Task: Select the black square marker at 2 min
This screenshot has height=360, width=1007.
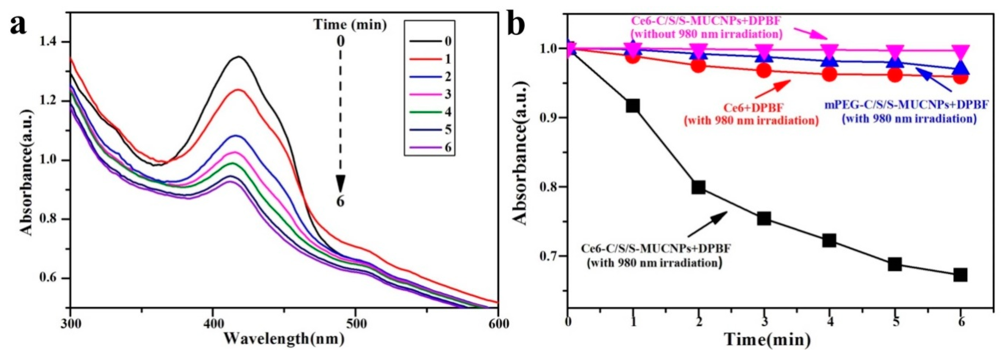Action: tap(698, 187)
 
